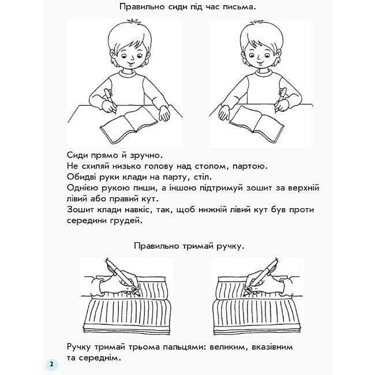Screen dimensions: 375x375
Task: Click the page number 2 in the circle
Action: click(x=51, y=365)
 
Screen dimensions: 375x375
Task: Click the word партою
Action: click(x=247, y=166)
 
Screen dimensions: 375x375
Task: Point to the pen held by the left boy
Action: click(x=108, y=99)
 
